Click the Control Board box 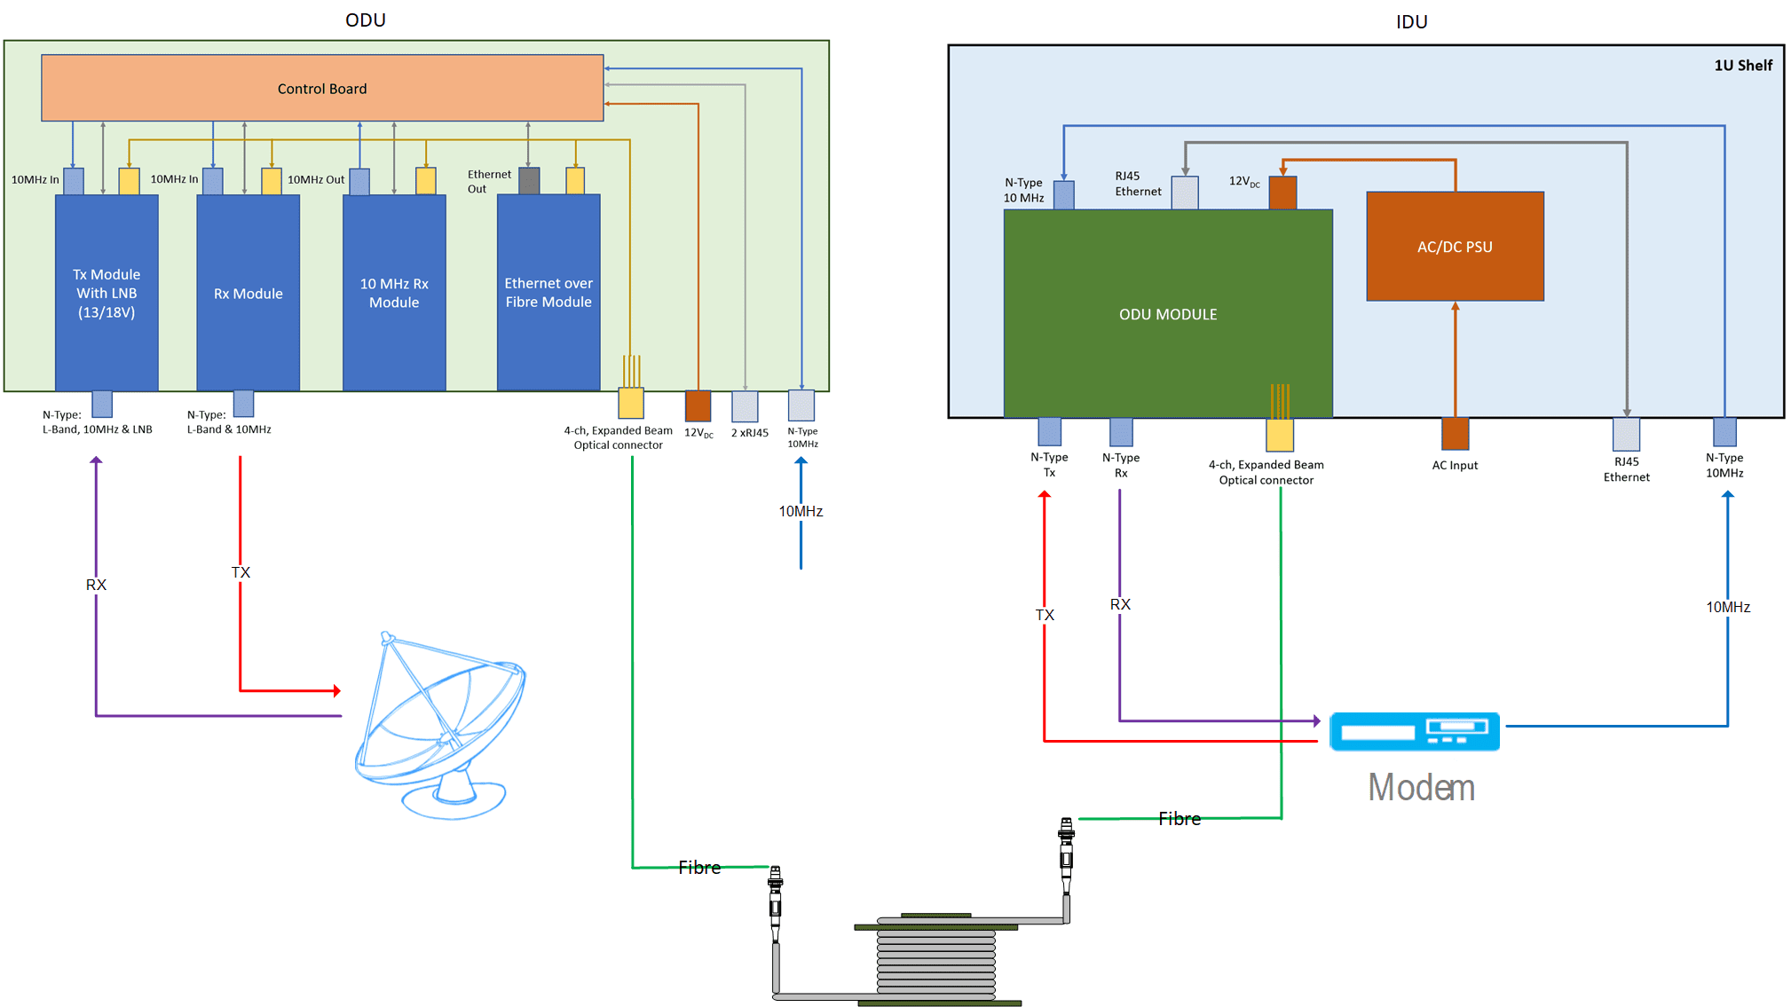coord(322,88)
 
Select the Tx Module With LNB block coord(107,293)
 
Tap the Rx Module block coord(248,293)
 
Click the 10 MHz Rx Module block coord(394,293)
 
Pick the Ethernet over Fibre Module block coord(548,293)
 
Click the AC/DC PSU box coord(1455,247)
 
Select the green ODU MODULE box coord(1167,314)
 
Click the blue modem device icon coord(1414,731)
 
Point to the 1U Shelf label coord(1742,66)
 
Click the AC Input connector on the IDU coord(1455,434)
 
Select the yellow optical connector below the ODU coord(631,403)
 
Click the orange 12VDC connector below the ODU coord(698,405)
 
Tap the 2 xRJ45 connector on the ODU coord(745,406)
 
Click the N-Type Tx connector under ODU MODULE coord(1049,431)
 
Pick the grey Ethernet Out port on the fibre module coord(529,180)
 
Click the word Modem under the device coord(1421,788)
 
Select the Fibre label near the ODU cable coord(699,868)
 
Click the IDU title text coord(1411,21)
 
